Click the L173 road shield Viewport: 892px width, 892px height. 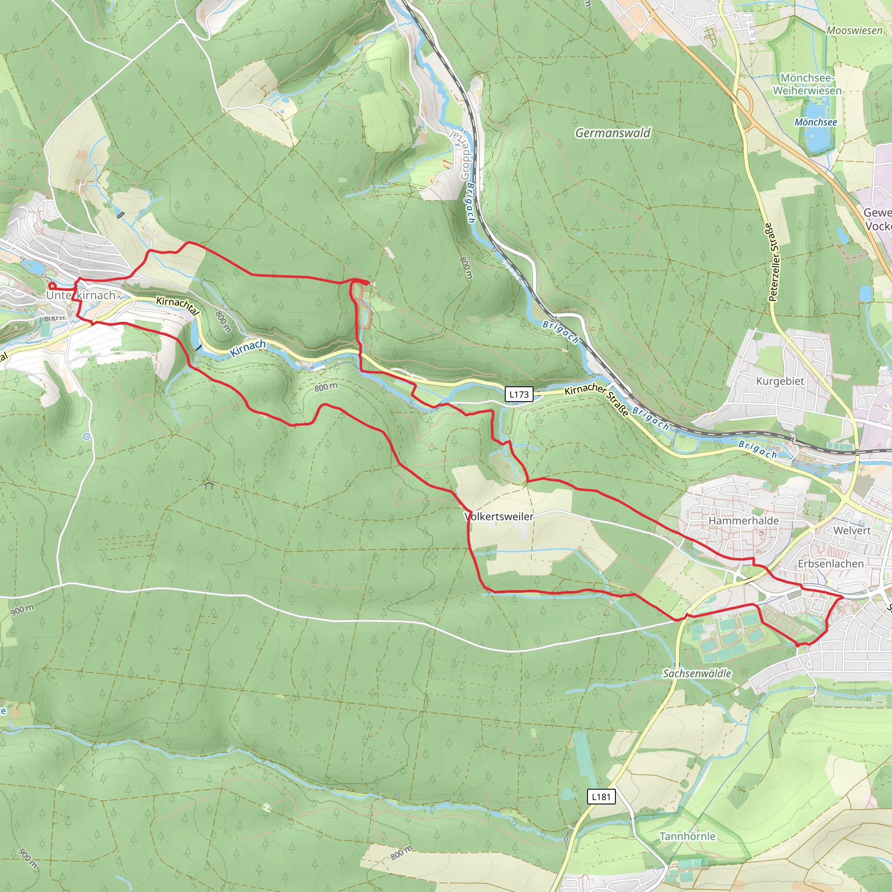coord(519,394)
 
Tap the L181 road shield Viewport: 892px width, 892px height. coord(601,797)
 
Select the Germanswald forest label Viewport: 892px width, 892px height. coord(613,133)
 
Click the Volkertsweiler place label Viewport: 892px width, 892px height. coord(499,517)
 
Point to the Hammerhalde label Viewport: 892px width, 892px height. coord(743,521)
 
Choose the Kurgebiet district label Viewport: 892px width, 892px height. coord(780,382)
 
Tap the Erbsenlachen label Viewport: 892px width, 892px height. coord(831,564)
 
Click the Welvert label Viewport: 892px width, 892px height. coord(852,530)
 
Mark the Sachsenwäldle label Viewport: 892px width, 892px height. coord(697,674)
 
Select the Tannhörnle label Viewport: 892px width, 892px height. coord(687,836)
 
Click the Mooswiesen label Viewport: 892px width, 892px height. coord(854,30)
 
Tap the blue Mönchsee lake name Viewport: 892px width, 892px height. coord(815,122)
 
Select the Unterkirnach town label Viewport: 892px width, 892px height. coord(81,295)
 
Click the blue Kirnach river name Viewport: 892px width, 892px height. coord(248,348)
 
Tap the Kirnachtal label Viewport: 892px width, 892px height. coord(177,306)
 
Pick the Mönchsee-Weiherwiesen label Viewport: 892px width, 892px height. coord(807,84)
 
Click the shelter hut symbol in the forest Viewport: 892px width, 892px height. coord(209,484)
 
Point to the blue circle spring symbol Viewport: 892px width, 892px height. coord(86,436)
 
